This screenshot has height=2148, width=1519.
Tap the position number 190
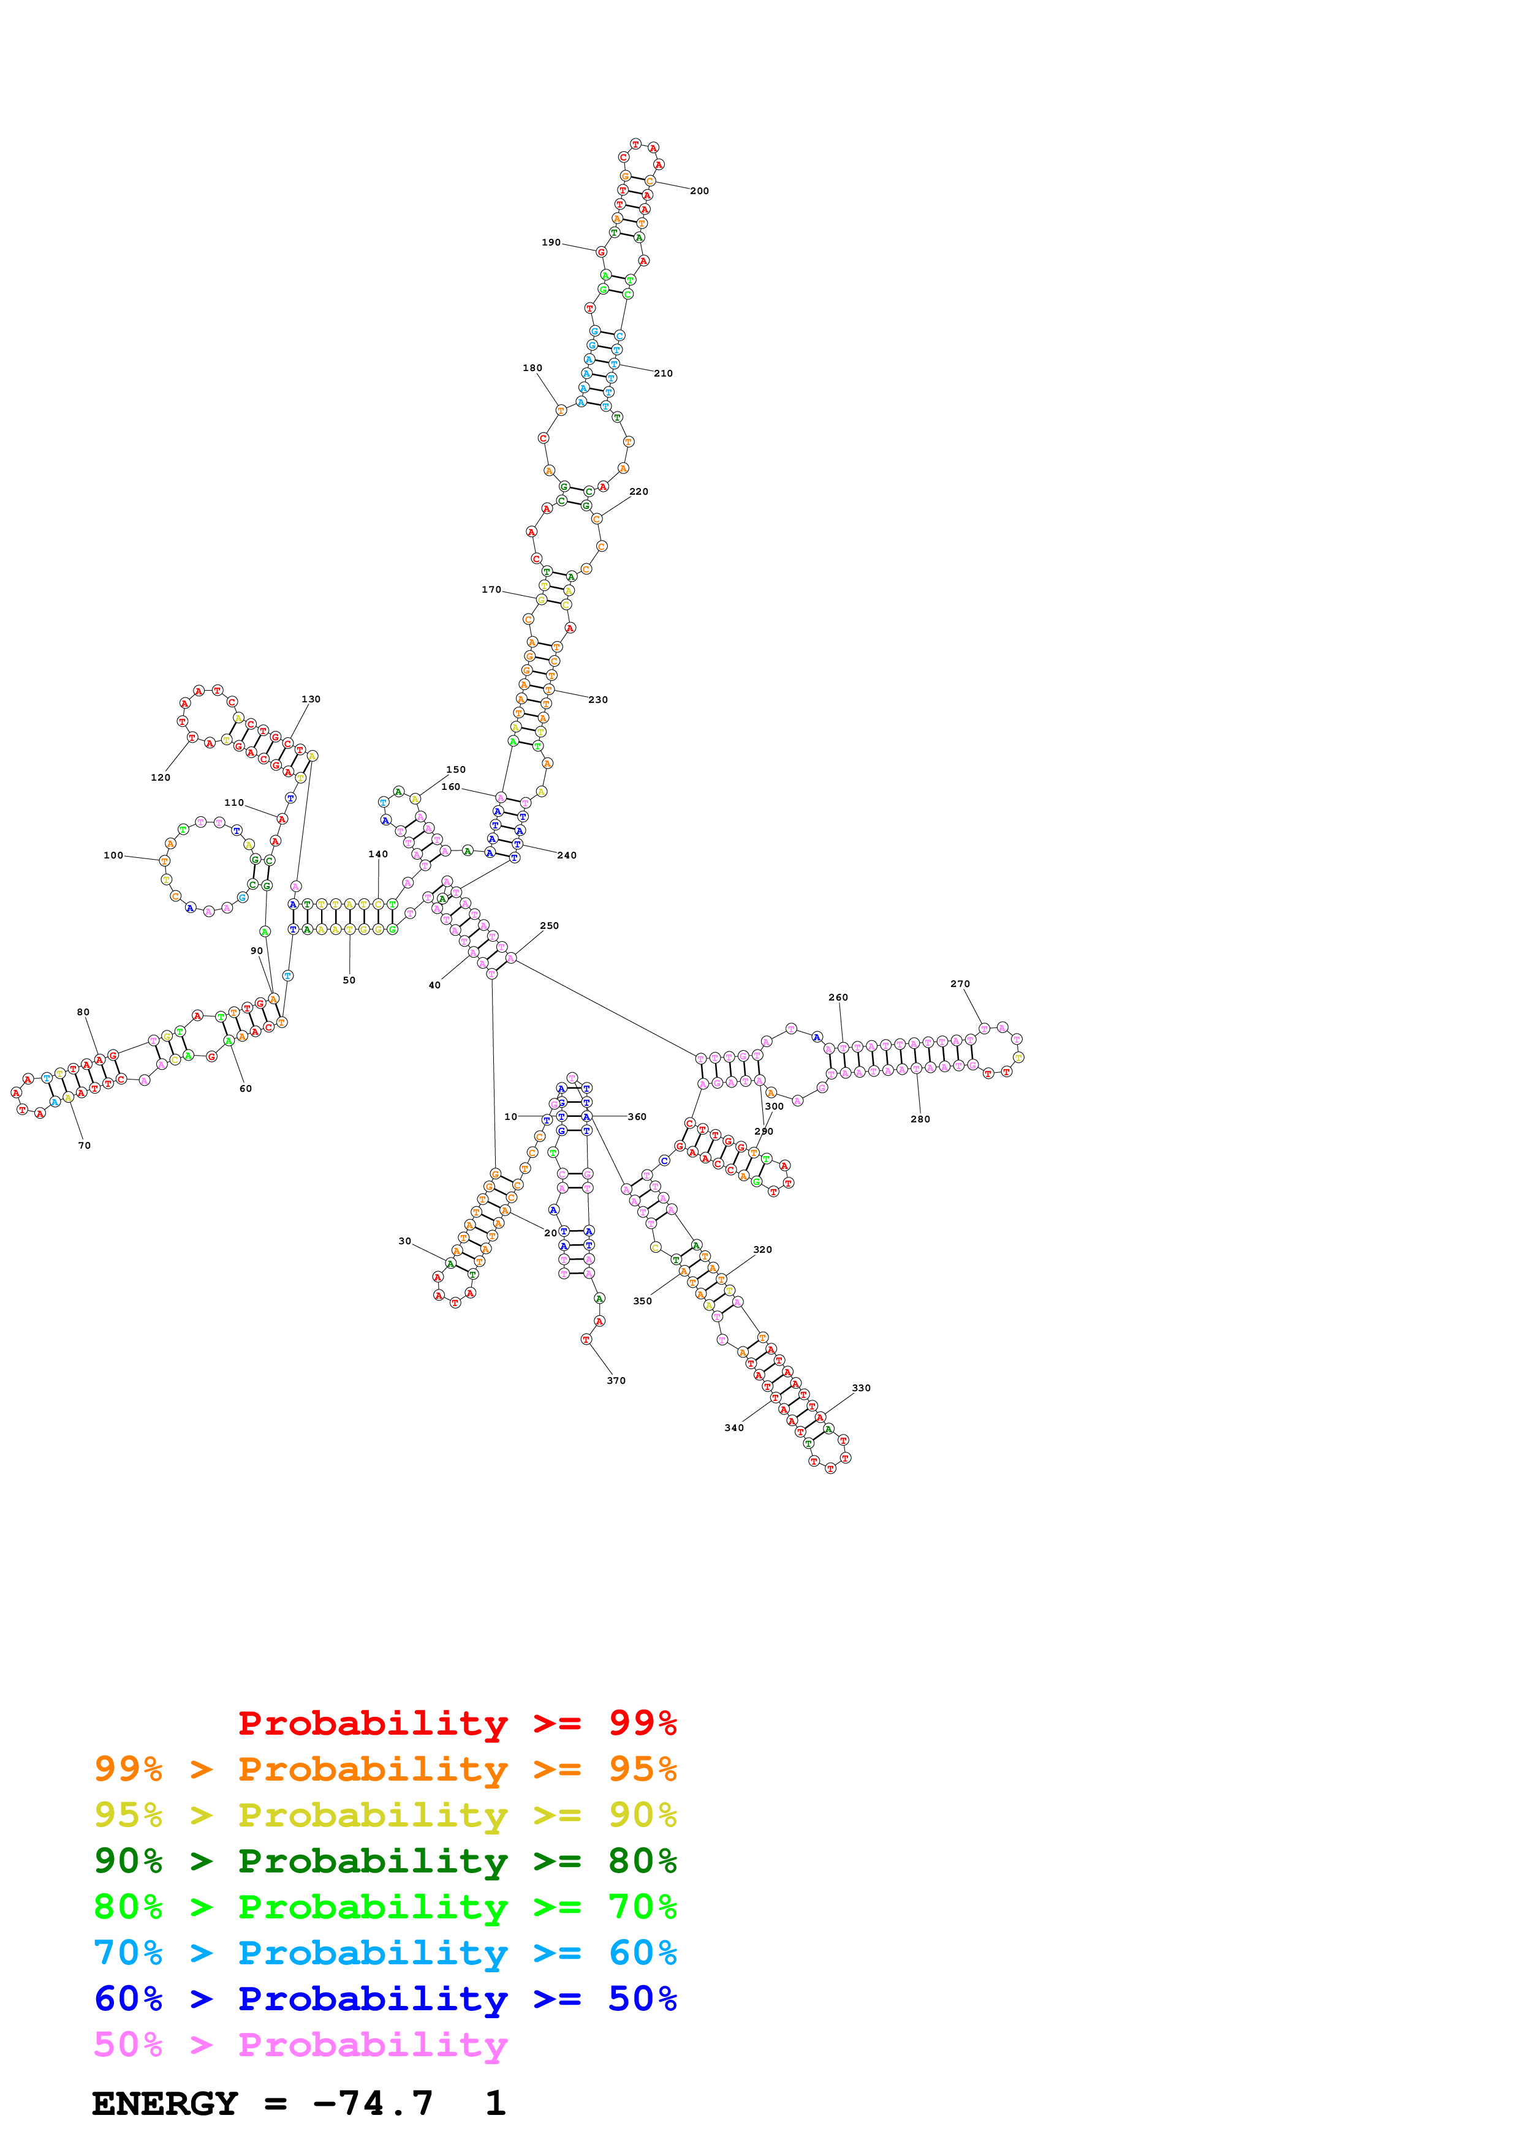pos(551,242)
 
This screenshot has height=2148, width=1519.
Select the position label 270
pos(960,983)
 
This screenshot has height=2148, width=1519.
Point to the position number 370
pos(616,1380)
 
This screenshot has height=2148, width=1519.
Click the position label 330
pos(861,1388)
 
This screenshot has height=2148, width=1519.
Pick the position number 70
pos(84,1145)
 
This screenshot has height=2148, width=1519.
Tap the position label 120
pos(161,778)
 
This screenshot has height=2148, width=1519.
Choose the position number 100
pos(113,855)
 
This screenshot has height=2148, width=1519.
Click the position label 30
pos(404,1241)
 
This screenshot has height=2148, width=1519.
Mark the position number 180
pos(532,367)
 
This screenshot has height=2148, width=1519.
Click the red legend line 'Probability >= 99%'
pos(456,1722)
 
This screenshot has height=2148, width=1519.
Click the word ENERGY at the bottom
pos(165,2103)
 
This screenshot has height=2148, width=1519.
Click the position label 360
pos(637,1116)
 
